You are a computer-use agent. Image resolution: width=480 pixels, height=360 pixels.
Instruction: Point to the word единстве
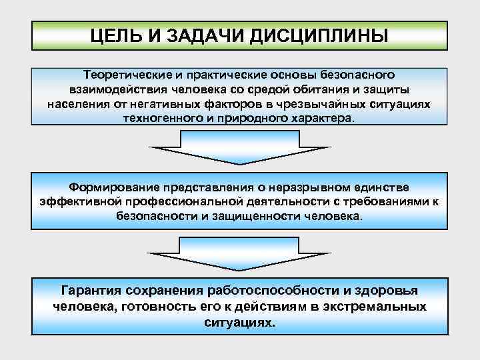[x=379, y=187]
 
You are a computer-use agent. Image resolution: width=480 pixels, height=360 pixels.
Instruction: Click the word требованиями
[x=389, y=202]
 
